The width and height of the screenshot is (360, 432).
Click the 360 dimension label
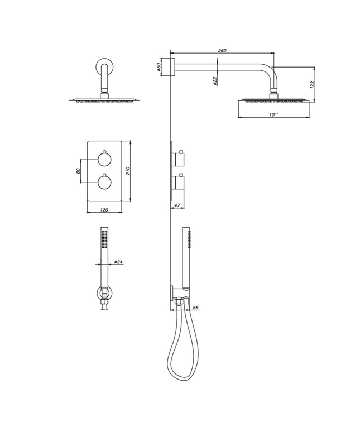point(222,50)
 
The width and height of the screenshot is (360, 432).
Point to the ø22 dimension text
point(215,81)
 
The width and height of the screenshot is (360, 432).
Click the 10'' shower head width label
point(273,114)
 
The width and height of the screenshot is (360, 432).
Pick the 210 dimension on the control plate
point(128,170)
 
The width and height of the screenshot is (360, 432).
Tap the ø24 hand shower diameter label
point(118,261)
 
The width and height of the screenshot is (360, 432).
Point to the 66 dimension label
point(195,307)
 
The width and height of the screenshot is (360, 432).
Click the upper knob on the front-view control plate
point(104,159)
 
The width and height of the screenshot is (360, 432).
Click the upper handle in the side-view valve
point(179,160)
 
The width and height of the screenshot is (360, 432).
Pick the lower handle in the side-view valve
point(179,183)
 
